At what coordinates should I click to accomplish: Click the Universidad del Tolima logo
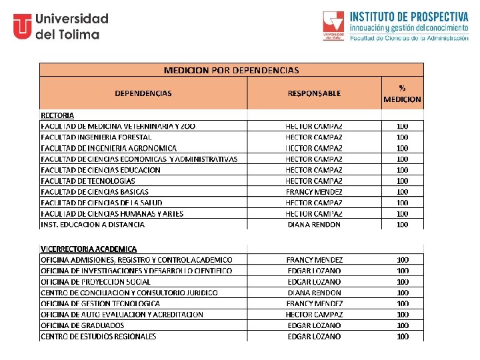pos(61,26)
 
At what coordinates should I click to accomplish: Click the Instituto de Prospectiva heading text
pos(409,17)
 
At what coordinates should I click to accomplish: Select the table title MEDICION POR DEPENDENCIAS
pos(231,70)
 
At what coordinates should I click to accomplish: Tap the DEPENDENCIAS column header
pos(143,93)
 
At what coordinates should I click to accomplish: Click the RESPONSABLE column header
pos(314,93)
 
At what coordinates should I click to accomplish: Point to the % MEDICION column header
pos(402,93)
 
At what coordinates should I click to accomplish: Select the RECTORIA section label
pos(57,115)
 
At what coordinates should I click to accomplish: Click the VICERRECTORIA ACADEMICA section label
pos(89,249)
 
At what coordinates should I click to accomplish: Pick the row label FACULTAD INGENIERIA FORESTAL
pos(96,137)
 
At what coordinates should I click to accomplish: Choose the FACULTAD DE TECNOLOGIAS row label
pos(88,181)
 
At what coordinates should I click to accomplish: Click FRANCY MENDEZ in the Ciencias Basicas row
pos(314,191)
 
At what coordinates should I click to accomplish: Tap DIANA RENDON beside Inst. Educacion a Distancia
pos(314,225)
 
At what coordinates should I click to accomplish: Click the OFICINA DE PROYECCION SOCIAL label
pos(96,281)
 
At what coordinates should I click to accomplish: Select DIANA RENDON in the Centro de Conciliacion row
pos(314,292)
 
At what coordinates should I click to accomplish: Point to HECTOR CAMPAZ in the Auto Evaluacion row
pos(314,314)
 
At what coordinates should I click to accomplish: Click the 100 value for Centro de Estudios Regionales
pos(403,336)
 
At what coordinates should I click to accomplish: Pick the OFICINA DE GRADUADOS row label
pos(83,325)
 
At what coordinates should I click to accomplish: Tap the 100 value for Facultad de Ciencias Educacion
pos(402,169)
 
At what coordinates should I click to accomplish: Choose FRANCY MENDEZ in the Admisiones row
pos(314,259)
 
